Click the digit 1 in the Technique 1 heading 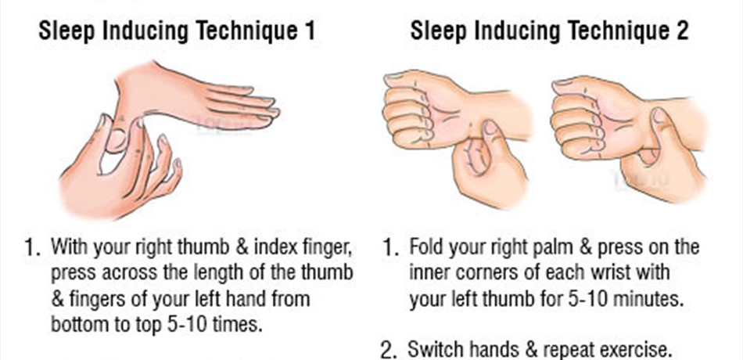tap(309, 31)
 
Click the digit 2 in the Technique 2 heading tap(681, 31)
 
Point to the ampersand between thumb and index tap(242, 247)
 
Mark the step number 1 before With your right tap(31, 249)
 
